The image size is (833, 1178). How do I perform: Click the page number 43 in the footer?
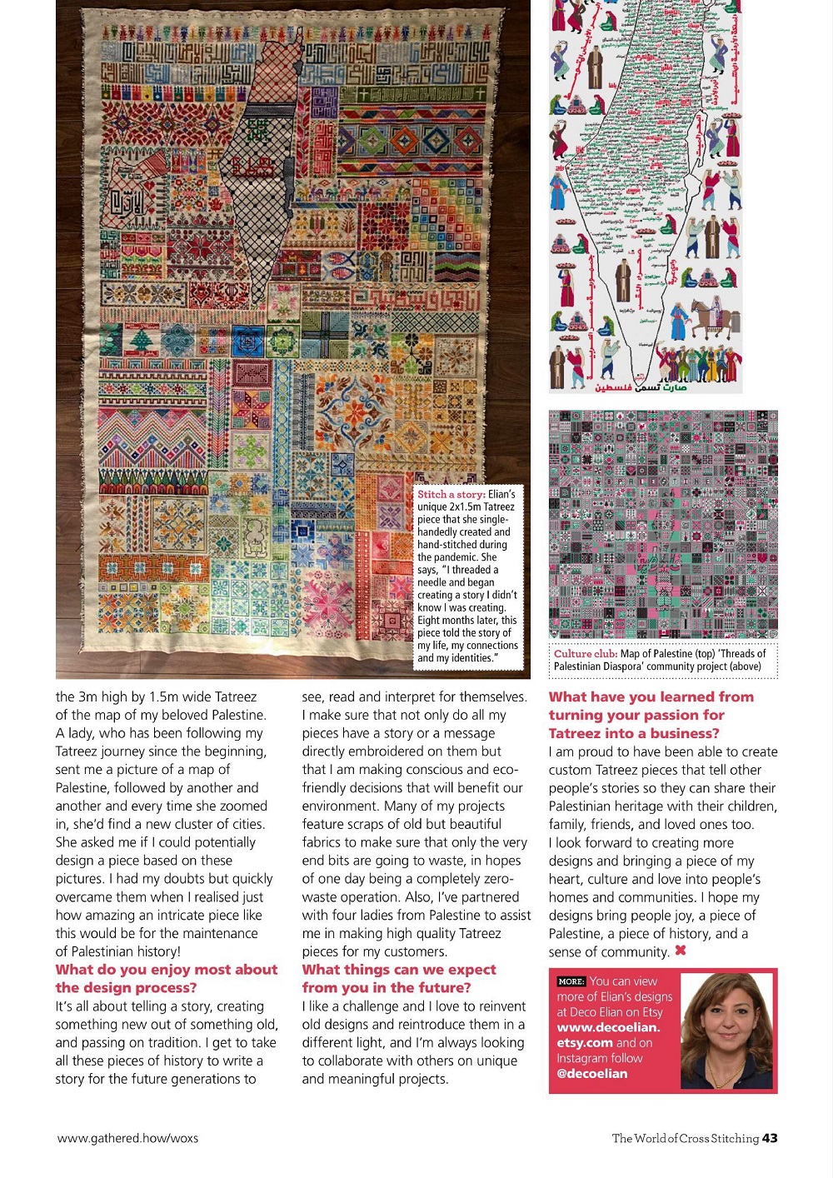[770, 1138]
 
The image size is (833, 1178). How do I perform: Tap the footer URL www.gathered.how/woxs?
[127, 1138]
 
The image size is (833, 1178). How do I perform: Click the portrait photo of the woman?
[726, 1031]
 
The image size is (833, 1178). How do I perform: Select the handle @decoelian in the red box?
[591, 1073]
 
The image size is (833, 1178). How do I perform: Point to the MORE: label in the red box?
[571, 981]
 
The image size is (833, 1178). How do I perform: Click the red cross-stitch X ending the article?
[681, 951]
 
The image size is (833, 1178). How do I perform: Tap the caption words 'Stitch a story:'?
[451, 494]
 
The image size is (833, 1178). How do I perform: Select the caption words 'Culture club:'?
[586, 654]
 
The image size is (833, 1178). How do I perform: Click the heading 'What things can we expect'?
[399, 970]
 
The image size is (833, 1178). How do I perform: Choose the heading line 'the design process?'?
[127, 988]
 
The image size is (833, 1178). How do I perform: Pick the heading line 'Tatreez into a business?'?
[633, 733]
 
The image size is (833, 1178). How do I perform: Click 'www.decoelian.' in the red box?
[608, 1027]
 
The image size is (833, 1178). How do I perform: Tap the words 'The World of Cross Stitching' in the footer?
[685, 1138]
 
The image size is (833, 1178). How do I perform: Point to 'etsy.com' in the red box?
[585, 1043]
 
